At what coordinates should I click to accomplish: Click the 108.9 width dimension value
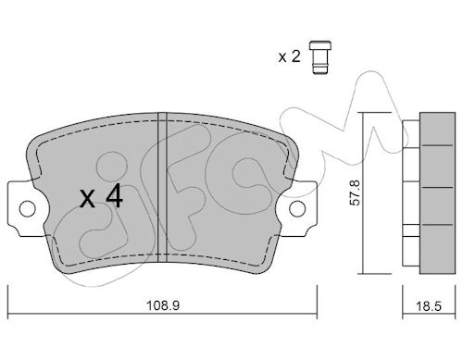point(163,305)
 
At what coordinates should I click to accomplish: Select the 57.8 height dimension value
point(355,192)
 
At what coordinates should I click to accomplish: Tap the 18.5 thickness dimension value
point(429,306)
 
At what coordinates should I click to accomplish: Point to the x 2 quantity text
point(289,56)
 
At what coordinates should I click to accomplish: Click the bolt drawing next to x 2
point(320,57)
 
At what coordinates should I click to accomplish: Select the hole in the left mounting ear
point(28,209)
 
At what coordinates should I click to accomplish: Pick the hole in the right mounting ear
point(297,208)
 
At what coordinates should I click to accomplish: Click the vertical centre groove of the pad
point(162,187)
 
